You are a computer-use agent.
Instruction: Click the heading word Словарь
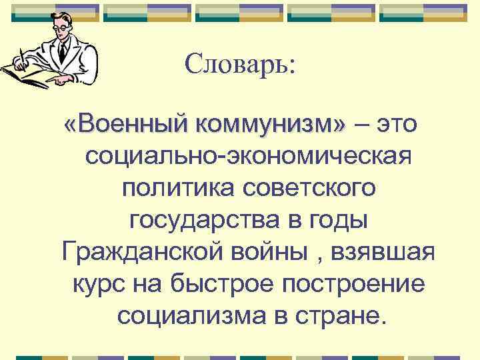[x=241, y=64]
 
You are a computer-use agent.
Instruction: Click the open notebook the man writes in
[x=30, y=73]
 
